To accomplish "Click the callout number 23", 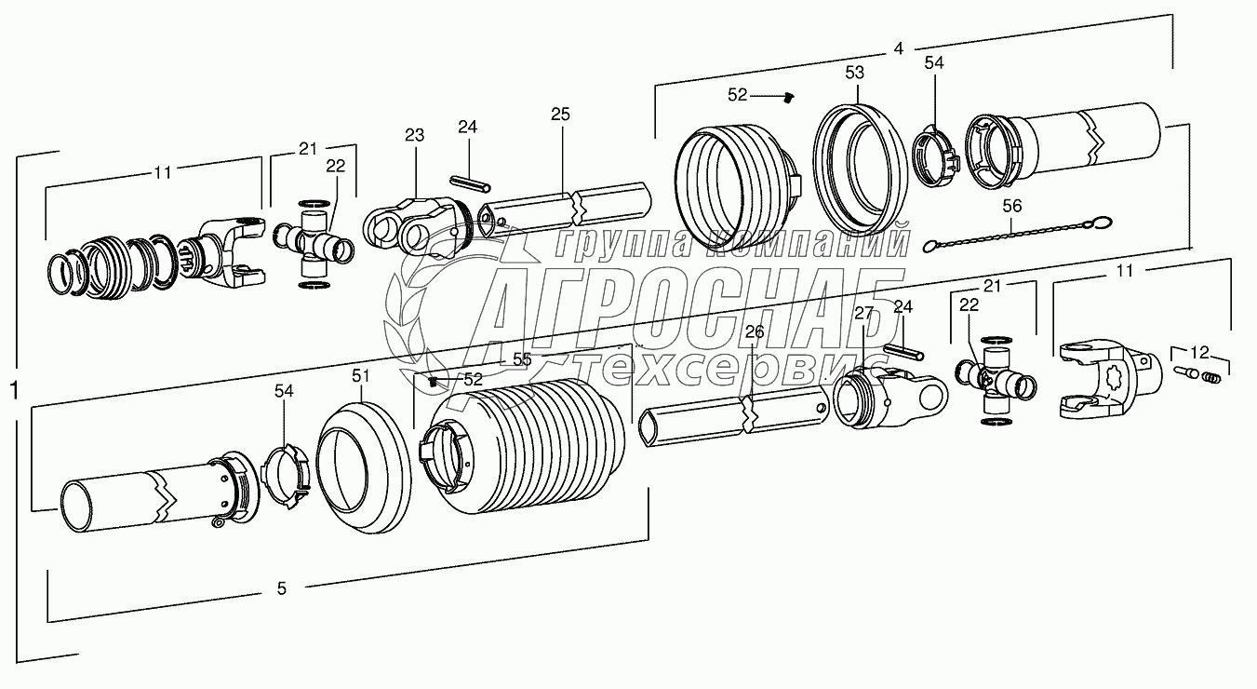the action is (414, 136).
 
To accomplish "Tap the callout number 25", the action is (560, 115).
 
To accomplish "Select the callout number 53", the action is (854, 72).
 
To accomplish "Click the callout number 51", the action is (360, 375).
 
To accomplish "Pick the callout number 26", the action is (754, 331).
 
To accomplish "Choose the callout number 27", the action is (864, 313).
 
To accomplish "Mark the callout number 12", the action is (1200, 353).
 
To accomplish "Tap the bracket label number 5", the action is (282, 588).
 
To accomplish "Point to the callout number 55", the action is (522, 358).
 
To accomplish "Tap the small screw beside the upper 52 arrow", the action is (789, 96).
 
